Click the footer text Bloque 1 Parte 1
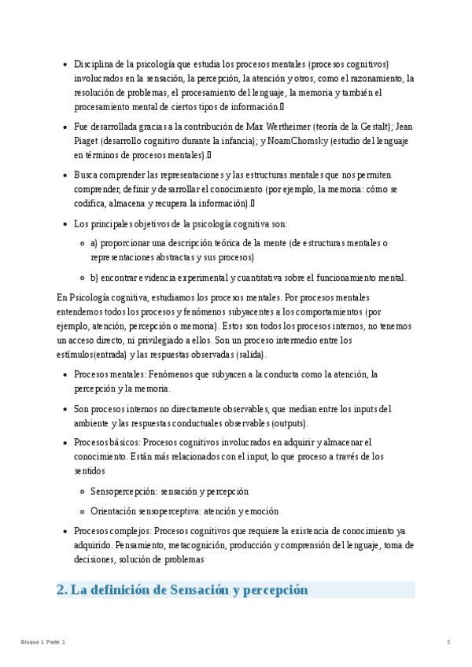click(x=43, y=643)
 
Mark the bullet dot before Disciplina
click(x=64, y=64)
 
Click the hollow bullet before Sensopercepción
click(x=82, y=491)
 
